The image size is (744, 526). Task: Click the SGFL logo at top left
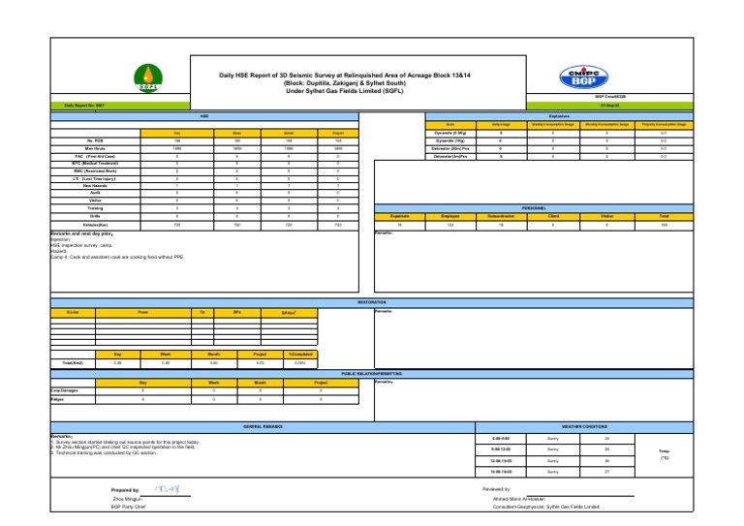tap(147, 77)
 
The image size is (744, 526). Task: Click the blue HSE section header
tap(204, 115)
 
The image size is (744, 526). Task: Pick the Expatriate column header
tap(400, 216)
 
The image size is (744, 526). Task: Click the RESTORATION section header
tap(372, 301)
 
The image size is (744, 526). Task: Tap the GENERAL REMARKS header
tap(261, 425)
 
